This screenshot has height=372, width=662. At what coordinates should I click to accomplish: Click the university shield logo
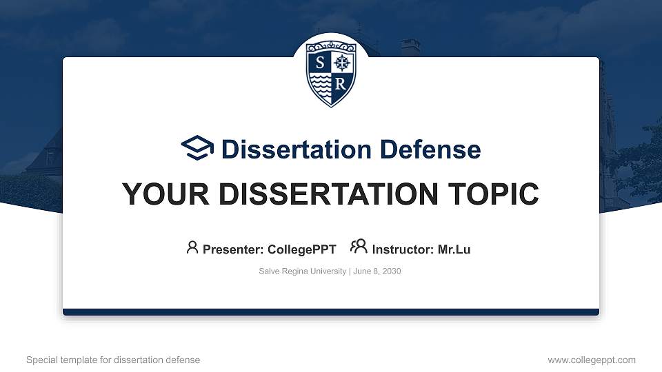pyautogui.click(x=330, y=73)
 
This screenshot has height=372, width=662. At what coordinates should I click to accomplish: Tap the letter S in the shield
pyautogui.click(x=319, y=63)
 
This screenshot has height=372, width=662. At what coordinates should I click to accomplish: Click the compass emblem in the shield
pyautogui.click(x=342, y=63)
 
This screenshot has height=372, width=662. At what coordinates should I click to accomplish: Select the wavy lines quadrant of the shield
pyautogui.click(x=320, y=84)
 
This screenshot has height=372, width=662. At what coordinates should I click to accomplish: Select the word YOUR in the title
pyautogui.click(x=156, y=195)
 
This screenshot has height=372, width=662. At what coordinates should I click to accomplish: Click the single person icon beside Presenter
pyautogui.click(x=192, y=247)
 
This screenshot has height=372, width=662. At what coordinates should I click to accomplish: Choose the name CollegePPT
pyautogui.click(x=301, y=249)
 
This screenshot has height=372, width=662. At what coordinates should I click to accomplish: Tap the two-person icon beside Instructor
pyautogui.click(x=359, y=247)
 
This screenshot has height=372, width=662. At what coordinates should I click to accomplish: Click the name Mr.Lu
pyautogui.click(x=454, y=249)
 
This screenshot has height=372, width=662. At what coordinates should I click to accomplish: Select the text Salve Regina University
pyautogui.click(x=302, y=271)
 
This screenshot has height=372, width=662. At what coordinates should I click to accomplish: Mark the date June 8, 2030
pyautogui.click(x=378, y=271)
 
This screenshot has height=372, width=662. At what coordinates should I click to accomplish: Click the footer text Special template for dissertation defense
pyautogui.click(x=113, y=360)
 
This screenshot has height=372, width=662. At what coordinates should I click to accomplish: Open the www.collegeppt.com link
pyautogui.click(x=592, y=360)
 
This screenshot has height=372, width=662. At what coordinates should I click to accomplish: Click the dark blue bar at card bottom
pyautogui.click(x=331, y=312)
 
